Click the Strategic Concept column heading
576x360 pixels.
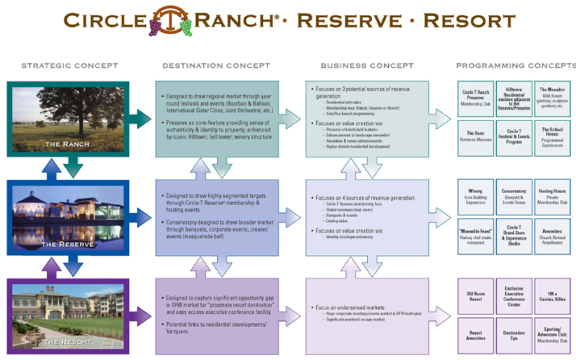(x=70, y=65)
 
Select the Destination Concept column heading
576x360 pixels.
(x=216, y=65)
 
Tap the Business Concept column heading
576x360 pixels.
(x=367, y=65)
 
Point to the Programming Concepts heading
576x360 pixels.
(x=515, y=65)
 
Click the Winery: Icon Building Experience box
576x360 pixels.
(x=475, y=196)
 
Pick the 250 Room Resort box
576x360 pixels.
(x=475, y=296)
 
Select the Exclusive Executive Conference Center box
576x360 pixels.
(x=514, y=296)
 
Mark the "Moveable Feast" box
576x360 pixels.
(x=475, y=236)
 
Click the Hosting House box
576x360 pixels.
(x=552, y=196)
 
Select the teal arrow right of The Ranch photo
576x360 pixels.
(x=142, y=119)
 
